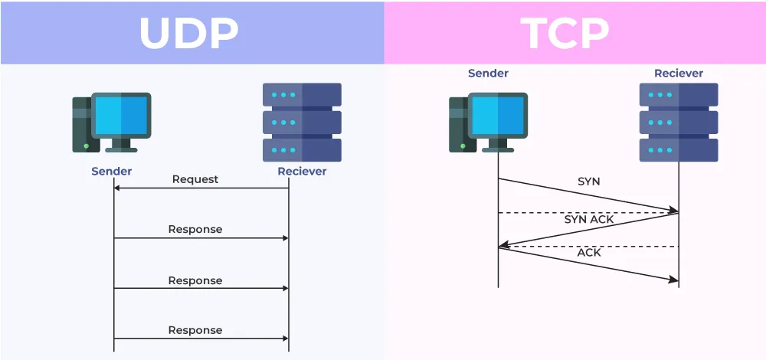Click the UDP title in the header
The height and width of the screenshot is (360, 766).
189,32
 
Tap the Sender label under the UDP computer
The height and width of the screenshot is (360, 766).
112,171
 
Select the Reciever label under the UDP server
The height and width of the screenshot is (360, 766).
302,171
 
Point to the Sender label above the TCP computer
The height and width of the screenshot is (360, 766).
488,74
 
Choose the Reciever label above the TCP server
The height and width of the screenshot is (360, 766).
678,74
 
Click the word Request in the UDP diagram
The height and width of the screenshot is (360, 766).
195,179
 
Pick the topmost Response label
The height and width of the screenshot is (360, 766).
195,229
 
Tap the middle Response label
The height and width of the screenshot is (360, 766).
195,280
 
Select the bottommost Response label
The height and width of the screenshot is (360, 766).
195,330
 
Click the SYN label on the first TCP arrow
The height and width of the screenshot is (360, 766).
589,182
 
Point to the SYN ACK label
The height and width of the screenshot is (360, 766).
589,219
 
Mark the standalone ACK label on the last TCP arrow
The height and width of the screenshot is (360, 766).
589,252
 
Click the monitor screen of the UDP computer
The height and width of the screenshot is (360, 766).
121,115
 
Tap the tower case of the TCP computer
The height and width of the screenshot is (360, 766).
458,123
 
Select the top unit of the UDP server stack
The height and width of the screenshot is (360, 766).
302,95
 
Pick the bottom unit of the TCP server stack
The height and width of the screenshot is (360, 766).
679,150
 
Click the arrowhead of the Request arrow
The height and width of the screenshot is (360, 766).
117,188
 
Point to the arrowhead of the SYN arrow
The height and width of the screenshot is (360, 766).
674,210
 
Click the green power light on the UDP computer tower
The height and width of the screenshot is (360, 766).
86,146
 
